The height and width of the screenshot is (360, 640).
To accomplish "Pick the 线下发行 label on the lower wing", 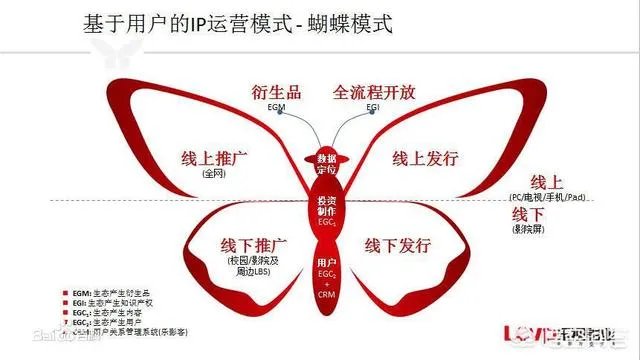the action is (397, 246).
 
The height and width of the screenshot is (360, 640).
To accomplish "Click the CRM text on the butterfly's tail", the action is (327, 294).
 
